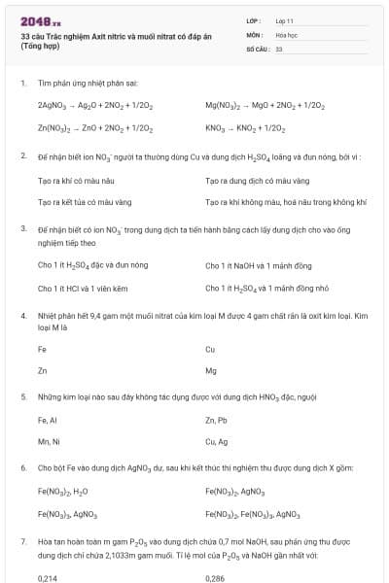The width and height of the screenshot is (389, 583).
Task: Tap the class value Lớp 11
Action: (284, 20)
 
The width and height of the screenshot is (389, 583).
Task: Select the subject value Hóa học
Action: (285, 34)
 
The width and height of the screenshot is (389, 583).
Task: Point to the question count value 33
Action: (279, 48)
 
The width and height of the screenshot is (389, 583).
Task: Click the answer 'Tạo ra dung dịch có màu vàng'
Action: (252, 180)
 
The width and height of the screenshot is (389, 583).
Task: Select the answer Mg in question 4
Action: (211, 371)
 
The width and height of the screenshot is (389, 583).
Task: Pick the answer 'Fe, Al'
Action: (48, 421)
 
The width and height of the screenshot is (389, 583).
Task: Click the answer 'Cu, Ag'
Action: (217, 443)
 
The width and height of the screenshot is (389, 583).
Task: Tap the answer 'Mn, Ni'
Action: (48, 443)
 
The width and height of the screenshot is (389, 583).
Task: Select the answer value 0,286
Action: (215, 577)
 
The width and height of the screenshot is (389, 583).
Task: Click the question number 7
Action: (22, 539)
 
